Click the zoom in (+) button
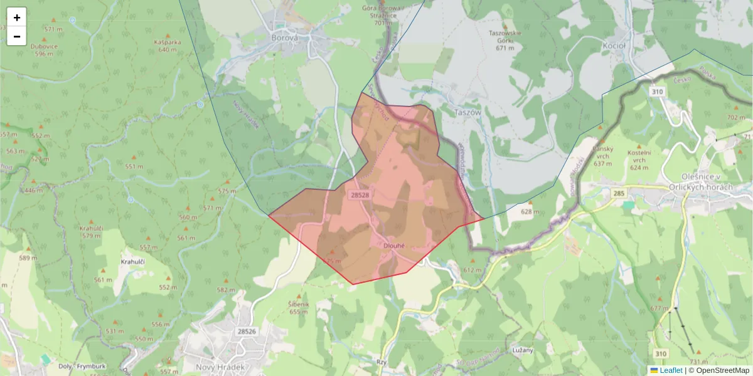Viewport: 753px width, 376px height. (17, 18)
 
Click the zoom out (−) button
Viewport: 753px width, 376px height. (17, 36)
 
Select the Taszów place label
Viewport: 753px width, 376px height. (467, 112)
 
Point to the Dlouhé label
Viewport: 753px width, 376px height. (395, 246)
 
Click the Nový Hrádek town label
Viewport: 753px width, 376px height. (220, 367)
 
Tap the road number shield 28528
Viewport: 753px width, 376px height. (360, 196)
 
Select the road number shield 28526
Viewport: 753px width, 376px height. (247, 332)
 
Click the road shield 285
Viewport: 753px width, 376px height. (619, 194)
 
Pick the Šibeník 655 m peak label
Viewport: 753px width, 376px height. (297, 307)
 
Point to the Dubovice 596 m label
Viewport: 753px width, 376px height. (44, 50)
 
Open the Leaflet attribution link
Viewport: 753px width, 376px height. (671, 370)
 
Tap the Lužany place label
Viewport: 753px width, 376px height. (522, 350)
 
